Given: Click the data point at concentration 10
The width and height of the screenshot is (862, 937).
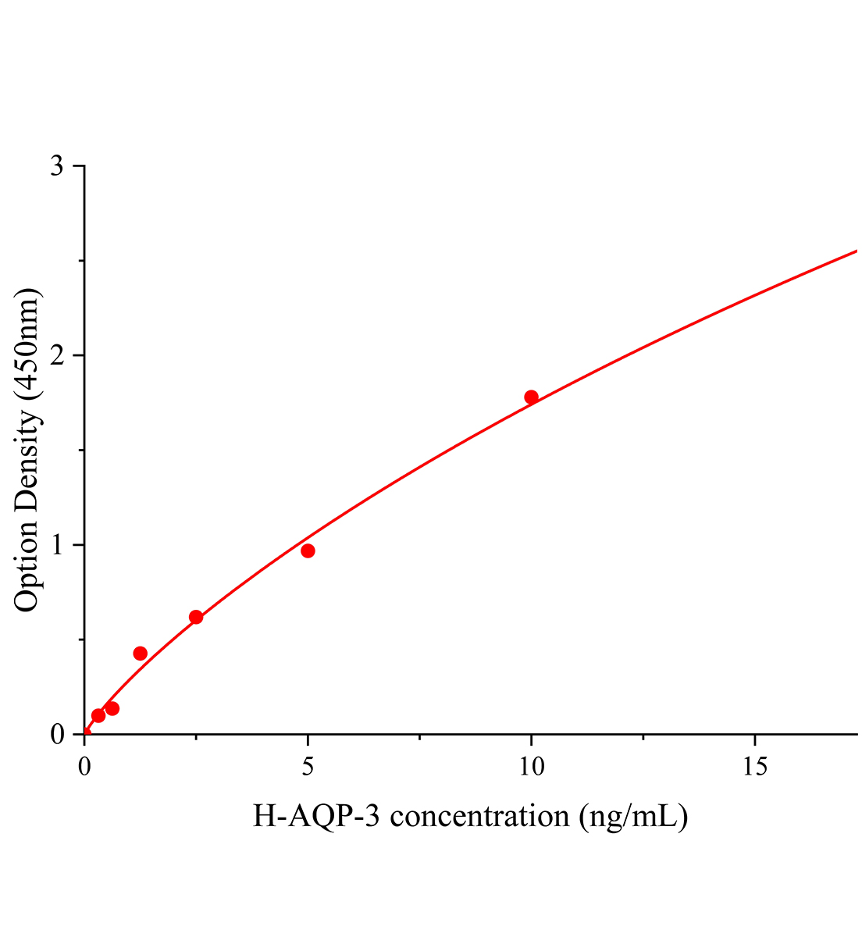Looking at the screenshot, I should (531, 397).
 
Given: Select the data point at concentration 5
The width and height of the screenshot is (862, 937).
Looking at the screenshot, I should (308, 550).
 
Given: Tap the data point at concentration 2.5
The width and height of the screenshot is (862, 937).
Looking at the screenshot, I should (196, 617).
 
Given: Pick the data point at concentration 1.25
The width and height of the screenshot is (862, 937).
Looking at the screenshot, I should (141, 654).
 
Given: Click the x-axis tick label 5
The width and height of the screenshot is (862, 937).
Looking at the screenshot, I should (308, 768).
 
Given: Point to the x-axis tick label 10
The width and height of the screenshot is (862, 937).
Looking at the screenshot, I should (531, 768).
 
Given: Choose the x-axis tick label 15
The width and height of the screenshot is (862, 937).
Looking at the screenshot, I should (754, 768).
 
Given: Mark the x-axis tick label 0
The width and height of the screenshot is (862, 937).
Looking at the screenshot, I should (84, 768).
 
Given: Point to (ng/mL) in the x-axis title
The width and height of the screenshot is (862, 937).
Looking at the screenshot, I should (633, 817).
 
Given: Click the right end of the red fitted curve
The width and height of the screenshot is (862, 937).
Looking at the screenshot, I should (856, 251).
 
